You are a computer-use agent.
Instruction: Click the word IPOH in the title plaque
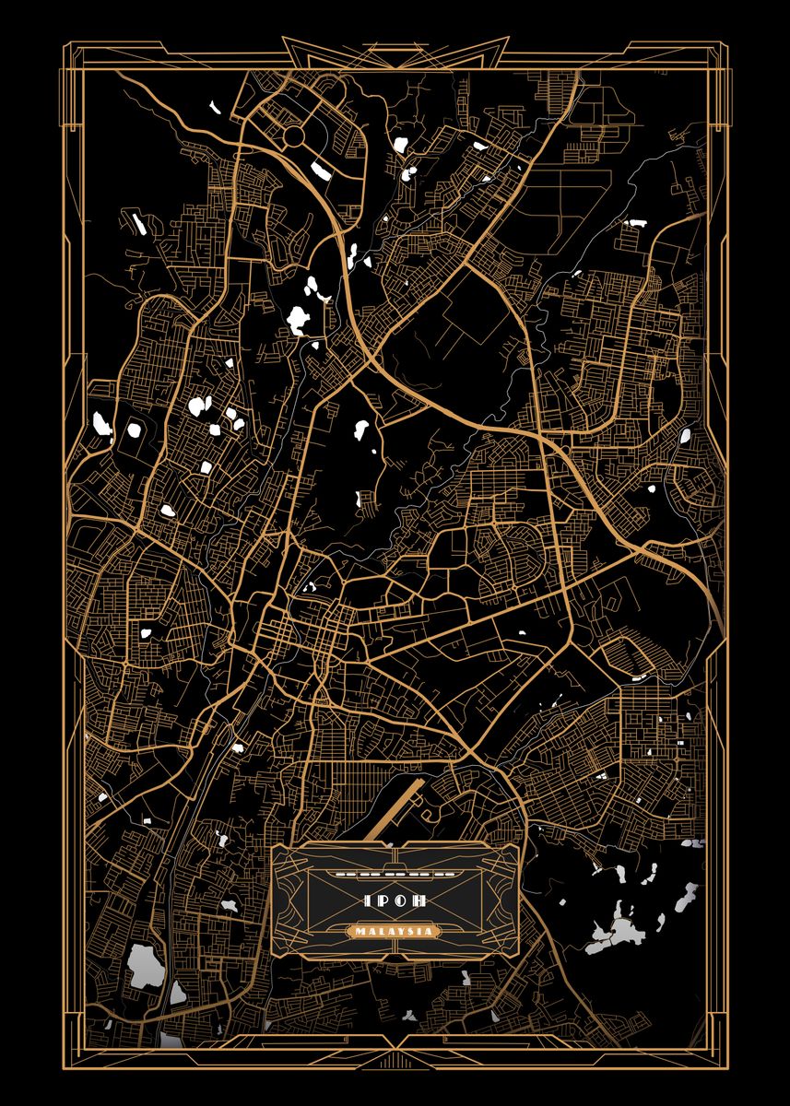[395, 900]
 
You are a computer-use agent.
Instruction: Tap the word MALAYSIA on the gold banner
[395, 932]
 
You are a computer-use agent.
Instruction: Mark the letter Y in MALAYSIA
[406, 932]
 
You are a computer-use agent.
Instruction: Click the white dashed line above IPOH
[395, 871]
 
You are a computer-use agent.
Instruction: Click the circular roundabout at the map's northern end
[293, 137]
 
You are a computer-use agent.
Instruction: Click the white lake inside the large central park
[361, 431]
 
